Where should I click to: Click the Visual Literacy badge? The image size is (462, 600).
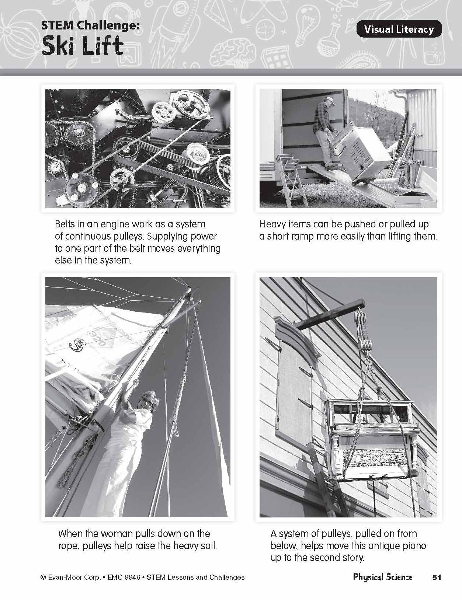[399, 29]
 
